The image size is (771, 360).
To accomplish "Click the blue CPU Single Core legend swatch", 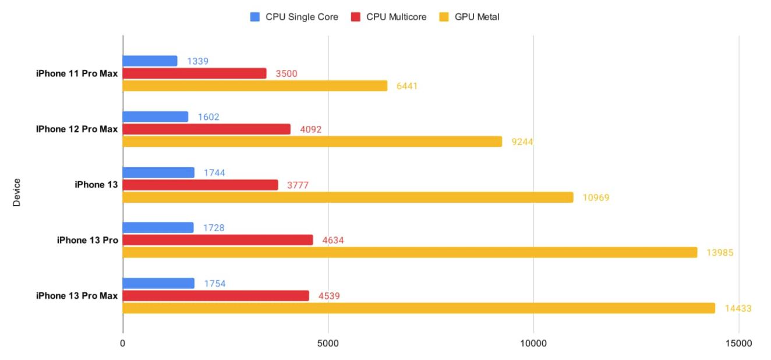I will click(254, 17).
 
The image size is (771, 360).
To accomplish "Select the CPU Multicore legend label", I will click(396, 17).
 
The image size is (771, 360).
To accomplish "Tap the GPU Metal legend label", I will click(477, 17).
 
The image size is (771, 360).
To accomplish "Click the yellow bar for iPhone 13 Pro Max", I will click(419, 308).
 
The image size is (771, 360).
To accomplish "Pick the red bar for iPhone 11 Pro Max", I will click(194, 73).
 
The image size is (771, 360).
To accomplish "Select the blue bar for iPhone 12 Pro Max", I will click(155, 117).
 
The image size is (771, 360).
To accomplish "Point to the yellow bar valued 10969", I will click(348, 197).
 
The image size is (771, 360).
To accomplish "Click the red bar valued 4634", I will click(218, 240).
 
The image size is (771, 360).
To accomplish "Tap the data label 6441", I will click(407, 86).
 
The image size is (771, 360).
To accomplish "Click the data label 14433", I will click(738, 308).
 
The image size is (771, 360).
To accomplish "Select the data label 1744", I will click(214, 172).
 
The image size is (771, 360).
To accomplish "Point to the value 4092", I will click(310, 129).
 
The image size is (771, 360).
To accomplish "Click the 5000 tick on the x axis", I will click(328, 344).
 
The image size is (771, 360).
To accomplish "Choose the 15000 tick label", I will click(738, 344).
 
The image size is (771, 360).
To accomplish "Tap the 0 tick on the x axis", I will click(123, 344).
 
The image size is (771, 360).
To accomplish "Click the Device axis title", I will click(16, 192).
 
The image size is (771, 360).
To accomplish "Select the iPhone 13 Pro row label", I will click(87, 240).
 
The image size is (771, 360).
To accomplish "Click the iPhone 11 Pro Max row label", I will click(77, 73).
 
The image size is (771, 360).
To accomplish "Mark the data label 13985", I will click(720, 253).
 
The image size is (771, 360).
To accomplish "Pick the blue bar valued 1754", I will click(158, 283).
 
